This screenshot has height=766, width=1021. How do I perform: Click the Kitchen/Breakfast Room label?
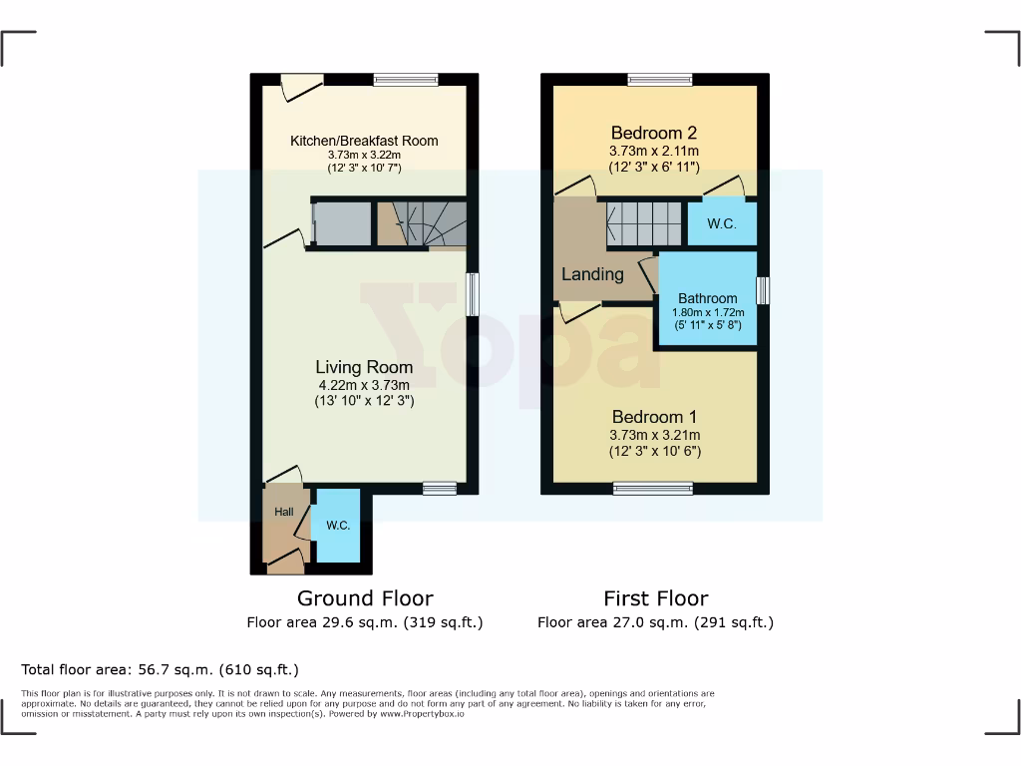pos(364,141)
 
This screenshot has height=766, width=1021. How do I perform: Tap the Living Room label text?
pos(364,367)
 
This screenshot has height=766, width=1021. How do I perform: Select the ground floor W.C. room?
pos(337,526)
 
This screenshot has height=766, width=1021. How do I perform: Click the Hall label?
pos(284,512)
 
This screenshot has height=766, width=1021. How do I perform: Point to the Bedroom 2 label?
pos(654,133)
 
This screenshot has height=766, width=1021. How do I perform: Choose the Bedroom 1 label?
pos(655,417)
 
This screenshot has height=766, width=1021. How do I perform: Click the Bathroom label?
pos(708,298)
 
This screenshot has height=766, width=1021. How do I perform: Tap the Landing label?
pos(592,274)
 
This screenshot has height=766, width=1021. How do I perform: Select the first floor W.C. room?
pos(722,223)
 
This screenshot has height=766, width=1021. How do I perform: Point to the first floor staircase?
pos(644,223)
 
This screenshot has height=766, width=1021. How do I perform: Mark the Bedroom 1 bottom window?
pos(653,488)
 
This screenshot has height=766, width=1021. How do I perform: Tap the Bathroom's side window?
pos(763,290)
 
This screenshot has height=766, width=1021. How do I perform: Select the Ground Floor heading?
pos(365,598)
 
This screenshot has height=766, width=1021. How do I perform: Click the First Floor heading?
pos(655,598)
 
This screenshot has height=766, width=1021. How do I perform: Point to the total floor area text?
pos(160,669)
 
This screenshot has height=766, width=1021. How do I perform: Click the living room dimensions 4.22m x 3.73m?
pos(364,385)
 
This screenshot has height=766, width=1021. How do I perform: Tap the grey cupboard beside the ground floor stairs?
pos(340,223)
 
